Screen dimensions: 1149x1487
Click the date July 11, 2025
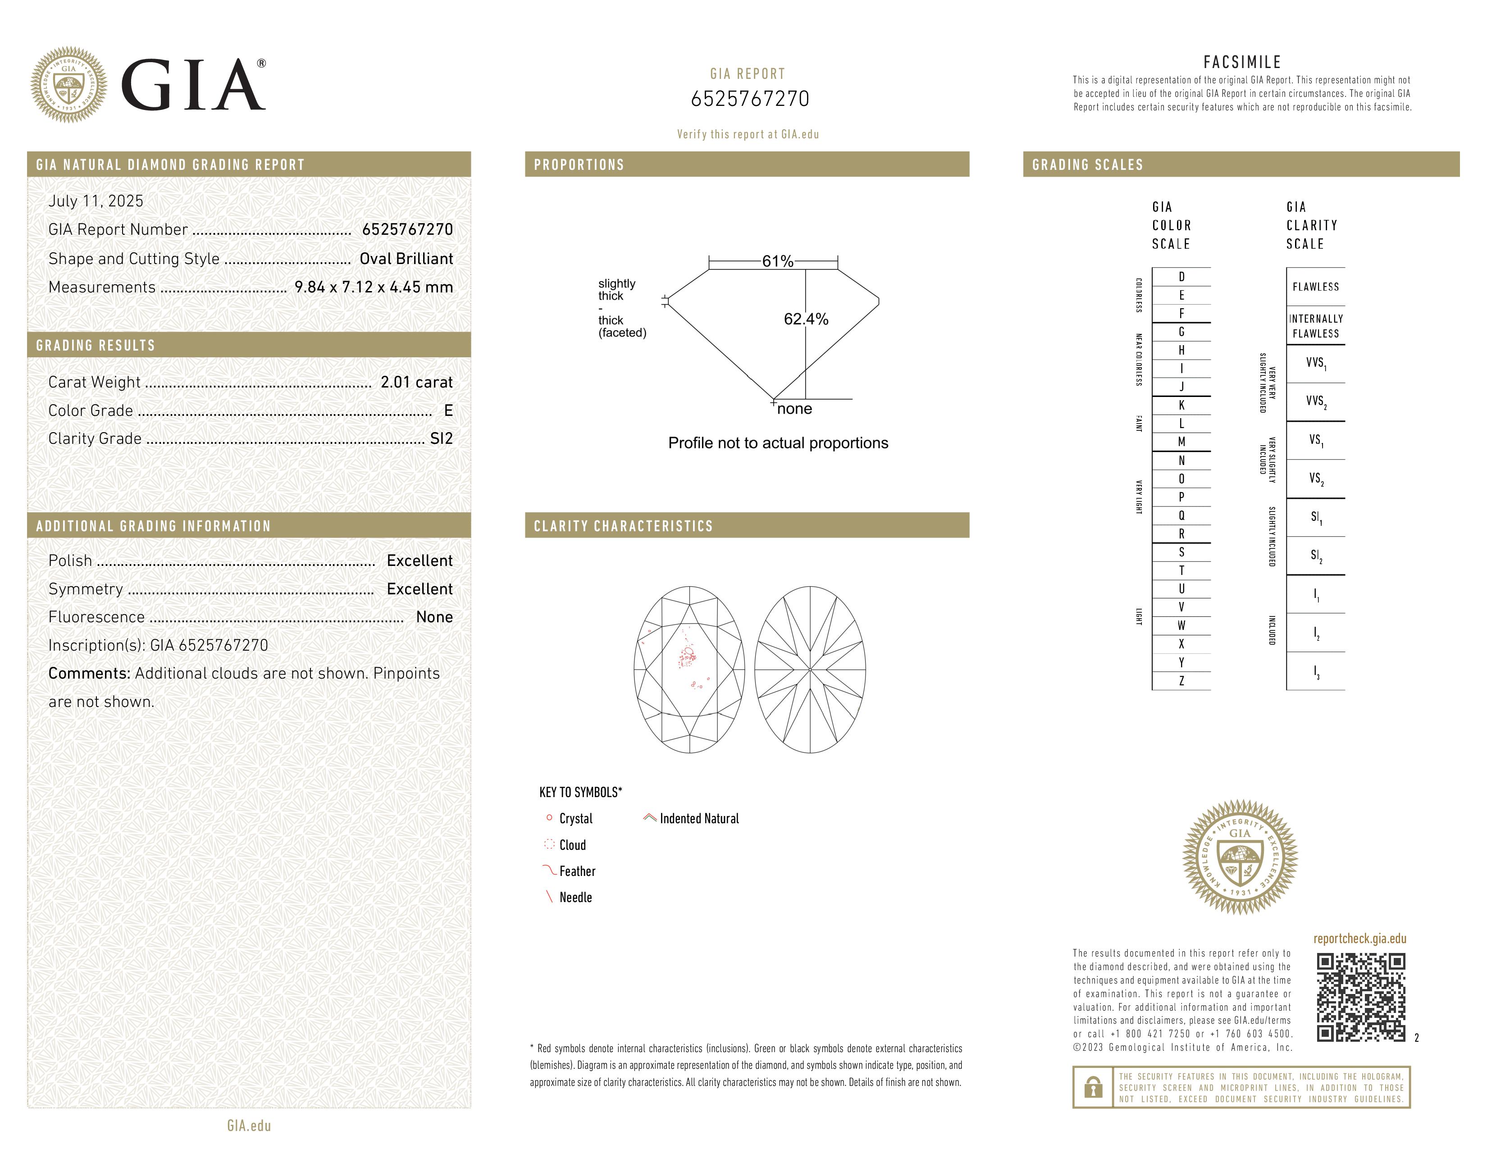(96, 201)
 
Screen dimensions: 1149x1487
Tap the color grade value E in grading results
(448, 410)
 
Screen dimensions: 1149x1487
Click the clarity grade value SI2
(441, 438)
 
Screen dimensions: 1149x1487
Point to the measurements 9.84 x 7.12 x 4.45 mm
(373, 287)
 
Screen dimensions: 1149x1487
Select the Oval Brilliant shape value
(406, 259)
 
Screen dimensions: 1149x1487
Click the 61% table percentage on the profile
(778, 261)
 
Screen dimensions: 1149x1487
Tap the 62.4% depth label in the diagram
(806, 319)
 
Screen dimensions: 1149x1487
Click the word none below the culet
(794, 409)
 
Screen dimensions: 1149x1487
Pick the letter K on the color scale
(1181, 405)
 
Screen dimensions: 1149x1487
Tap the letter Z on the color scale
(1181, 681)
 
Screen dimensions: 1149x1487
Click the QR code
(1360, 997)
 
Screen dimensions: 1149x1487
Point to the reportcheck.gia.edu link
(1359, 939)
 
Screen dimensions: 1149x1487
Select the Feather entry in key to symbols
(577, 871)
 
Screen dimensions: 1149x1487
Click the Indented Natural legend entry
(698, 819)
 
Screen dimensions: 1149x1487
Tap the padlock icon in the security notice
(1093, 1087)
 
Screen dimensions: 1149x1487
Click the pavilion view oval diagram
(810, 670)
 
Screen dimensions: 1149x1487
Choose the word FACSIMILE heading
(1242, 62)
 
